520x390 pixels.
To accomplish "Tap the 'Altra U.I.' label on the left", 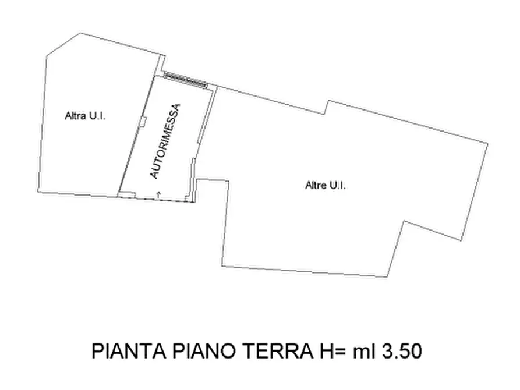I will tap(85, 116).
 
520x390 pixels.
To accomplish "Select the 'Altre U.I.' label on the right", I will tap(326, 186).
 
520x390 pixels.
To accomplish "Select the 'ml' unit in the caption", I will tap(366, 352).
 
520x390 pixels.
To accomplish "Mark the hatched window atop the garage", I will tap(185, 80).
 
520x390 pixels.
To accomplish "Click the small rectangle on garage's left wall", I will tap(143, 120).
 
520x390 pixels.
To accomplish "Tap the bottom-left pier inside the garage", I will tap(130, 196).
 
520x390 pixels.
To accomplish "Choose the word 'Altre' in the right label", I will tap(314, 186).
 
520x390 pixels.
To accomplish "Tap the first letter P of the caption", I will tap(97, 352).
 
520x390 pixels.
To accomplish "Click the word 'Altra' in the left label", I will tap(75, 116).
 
